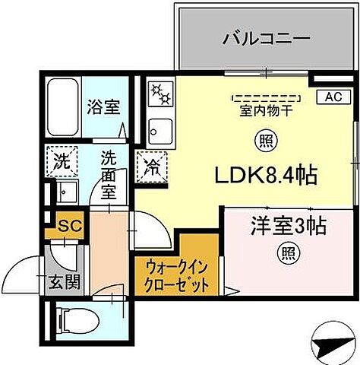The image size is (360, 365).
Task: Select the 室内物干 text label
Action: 264,109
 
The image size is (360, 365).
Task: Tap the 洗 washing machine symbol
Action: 61,160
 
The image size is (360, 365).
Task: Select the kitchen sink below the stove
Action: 161,130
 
